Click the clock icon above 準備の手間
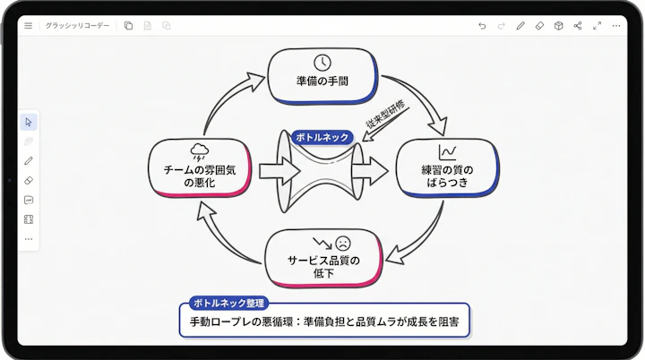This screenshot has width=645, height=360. tap(322, 62)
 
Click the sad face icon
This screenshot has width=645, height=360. tap(343, 243)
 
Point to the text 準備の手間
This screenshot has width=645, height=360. tap(322, 81)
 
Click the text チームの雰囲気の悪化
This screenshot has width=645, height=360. tap(198, 176)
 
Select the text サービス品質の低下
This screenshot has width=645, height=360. tap(322, 266)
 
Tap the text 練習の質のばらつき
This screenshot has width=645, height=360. tap(447, 176)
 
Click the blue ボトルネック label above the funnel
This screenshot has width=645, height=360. tap(322, 138)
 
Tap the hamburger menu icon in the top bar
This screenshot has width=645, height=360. tap(29, 26)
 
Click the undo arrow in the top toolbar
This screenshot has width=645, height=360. tap(482, 26)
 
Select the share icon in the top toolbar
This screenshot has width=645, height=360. tap(578, 26)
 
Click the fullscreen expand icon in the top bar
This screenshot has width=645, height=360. tap(598, 26)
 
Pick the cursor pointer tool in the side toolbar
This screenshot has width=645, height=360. tap(29, 122)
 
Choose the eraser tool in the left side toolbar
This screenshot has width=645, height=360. tap(29, 180)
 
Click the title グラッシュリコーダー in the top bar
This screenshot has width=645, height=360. tap(77, 26)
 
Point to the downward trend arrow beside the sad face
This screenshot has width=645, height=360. tap(321, 242)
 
